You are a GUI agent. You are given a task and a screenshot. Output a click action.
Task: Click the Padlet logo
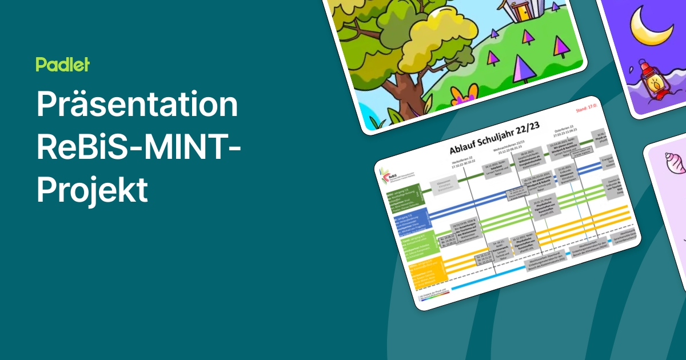point(63,65)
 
